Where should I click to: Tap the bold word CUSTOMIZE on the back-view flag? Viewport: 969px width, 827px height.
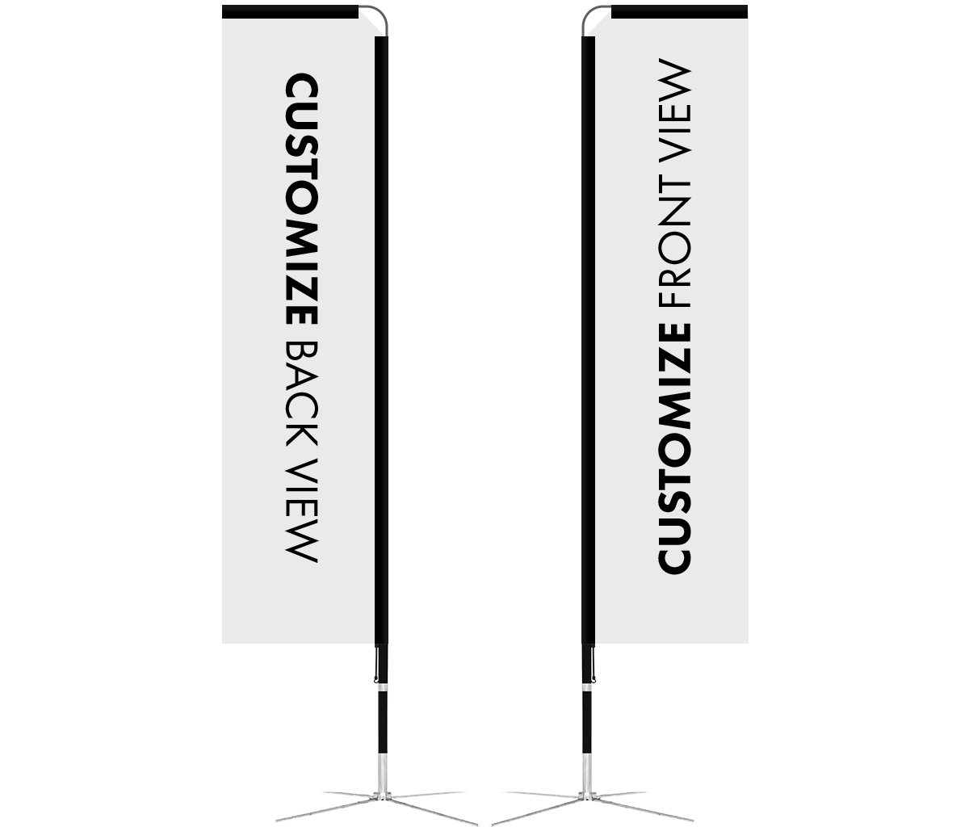pos(302,199)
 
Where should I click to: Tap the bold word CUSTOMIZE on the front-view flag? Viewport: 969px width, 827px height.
pos(675,449)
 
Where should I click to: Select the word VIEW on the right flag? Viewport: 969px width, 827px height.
pos(675,111)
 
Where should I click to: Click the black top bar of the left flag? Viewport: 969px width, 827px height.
pos(290,12)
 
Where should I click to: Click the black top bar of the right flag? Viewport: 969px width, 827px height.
pos(679,12)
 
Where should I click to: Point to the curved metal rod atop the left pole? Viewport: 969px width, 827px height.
pos(380,13)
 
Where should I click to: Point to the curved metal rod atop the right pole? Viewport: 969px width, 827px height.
pos(589,13)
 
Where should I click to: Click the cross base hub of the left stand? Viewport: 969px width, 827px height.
pos(382,796)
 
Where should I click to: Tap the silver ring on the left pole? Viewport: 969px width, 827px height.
pos(383,688)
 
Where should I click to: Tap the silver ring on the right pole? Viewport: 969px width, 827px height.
pos(587,688)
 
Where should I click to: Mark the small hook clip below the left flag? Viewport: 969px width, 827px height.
pos(376,665)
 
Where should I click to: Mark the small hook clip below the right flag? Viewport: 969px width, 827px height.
pos(594,665)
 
